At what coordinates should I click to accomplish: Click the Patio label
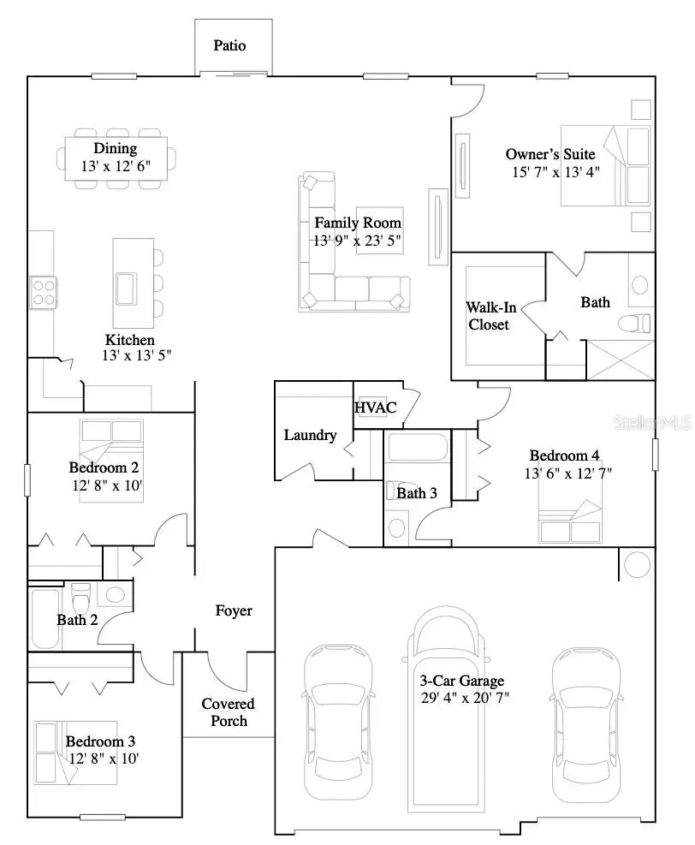click(x=229, y=45)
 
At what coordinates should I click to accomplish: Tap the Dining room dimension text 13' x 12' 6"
click(x=116, y=166)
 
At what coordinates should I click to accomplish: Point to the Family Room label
click(x=357, y=223)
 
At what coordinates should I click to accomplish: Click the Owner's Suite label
click(x=550, y=154)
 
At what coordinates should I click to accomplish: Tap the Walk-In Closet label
click(x=488, y=316)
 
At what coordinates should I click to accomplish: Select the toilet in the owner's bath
click(x=637, y=324)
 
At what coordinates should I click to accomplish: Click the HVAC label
click(x=376, y=408)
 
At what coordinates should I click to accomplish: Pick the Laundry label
click(x=310, y=435)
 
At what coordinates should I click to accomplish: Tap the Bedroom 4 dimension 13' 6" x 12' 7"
click(x=568, y=473)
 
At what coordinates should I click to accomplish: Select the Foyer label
click(x=234, y=610)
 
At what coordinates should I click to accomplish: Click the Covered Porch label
click(x=228, y=712)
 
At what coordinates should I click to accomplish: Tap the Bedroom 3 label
click(x=100, y=741)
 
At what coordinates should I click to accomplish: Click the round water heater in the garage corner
click(x=637, y=564)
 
